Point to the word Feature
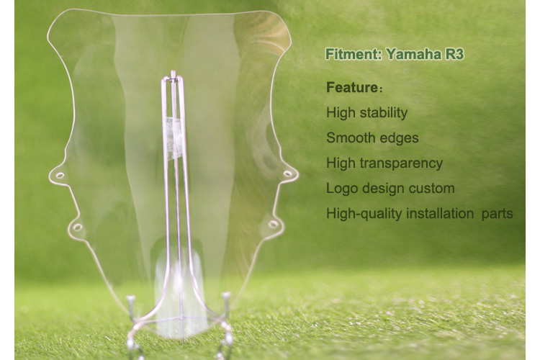tap(351, 88)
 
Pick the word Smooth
tap(348, 138)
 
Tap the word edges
tap(396, 138)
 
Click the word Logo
tap(342, 189)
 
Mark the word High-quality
tap(364, 214)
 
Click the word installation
tap(440, 214)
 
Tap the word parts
tap(498, 215)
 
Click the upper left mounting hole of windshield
tap(60, 176)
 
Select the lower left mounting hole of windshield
tap(78, 227)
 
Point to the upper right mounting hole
tap(287, 174)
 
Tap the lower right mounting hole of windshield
tap(273, 224)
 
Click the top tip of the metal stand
tap(174, 72)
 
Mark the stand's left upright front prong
tap(131, 303)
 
